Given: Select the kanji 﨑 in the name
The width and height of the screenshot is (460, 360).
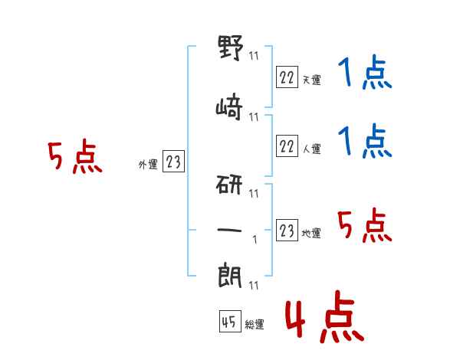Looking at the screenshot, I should click(230, 110).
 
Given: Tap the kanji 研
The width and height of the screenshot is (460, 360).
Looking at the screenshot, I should click(230, 186).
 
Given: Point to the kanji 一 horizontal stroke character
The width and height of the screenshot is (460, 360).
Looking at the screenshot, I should click(230, 229).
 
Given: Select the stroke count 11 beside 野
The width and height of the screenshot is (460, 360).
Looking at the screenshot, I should click(254, 56).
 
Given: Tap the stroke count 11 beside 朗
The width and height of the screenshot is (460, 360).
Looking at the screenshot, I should click(254, 286).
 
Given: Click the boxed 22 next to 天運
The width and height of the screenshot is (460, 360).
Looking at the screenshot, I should click(286, 77).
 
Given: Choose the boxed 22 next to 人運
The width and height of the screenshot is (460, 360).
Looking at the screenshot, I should click(286, 146).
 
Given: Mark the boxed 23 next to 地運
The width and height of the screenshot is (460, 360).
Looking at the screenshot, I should click(286, 231).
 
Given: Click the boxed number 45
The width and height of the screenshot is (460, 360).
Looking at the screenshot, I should click(229, 322).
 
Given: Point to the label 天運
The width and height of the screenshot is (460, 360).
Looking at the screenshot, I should click(311, 80).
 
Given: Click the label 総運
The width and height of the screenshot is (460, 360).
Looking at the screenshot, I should click(255, 325).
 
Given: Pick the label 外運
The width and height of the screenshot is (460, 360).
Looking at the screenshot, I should click(147, 164).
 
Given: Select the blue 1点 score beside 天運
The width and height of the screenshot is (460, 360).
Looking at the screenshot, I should click(365, 75).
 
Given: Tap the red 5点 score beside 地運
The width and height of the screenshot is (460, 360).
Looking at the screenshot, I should click(365, 227).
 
